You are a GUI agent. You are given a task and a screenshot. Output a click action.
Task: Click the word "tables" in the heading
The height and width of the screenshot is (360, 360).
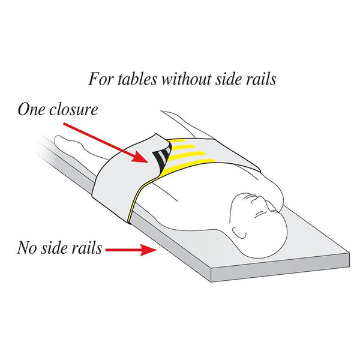coord(137,79)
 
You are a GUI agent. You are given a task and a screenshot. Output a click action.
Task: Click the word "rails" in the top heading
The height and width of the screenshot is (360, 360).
coord(261,79)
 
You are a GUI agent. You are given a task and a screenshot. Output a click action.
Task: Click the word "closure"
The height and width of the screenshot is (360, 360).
coord(74,110)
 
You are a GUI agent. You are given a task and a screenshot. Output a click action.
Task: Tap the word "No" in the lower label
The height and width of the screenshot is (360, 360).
coord(26,248)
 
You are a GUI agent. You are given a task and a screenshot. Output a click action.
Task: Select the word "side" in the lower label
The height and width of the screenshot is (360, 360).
coord(54,248)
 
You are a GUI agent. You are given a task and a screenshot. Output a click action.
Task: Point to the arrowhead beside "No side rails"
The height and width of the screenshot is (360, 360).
coord(149,250)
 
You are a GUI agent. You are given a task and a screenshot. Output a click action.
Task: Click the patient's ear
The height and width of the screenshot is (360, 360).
coord(239,233)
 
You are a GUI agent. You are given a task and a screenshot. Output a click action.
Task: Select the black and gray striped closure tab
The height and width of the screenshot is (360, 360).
coord(162,156)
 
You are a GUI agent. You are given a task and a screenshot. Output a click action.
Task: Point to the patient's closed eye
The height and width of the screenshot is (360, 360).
coord(259,215)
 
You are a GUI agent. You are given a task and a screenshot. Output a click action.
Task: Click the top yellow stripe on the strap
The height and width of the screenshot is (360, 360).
coord(176,141)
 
